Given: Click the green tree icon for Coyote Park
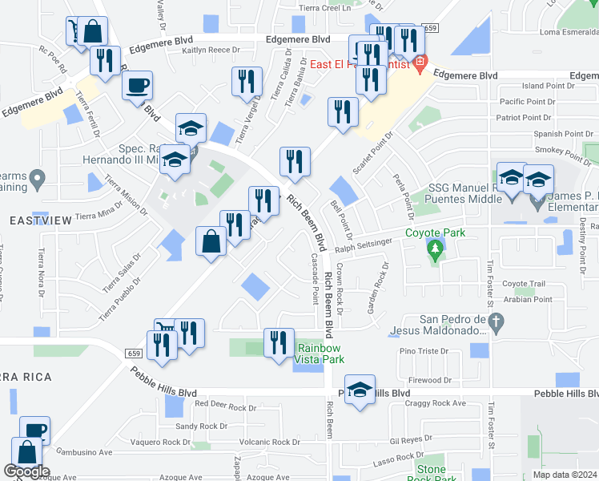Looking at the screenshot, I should pyautogui.click(x=435, y=251).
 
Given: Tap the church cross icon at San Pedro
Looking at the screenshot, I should pyautogui.click(x=496, y=324).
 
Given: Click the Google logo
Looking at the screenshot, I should pyautogui.click(x=26, y=471).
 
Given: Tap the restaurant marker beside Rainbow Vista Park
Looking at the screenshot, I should pyautogui.click(x=278, y=343).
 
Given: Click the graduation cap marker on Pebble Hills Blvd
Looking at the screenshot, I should pyautogui.click(x=361, y=392).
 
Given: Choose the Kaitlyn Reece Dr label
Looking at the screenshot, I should pyautogui.click(x=211, y=50).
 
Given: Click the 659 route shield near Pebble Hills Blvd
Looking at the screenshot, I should pyautogui.click(x=135, y=354).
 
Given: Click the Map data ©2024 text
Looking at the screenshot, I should pyautogui.click(x=565, y=475).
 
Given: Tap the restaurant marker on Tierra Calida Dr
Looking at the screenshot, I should pyautogui.click(x=247, y=81).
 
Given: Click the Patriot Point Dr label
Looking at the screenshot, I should pyautogui.click(x=525, y=117).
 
